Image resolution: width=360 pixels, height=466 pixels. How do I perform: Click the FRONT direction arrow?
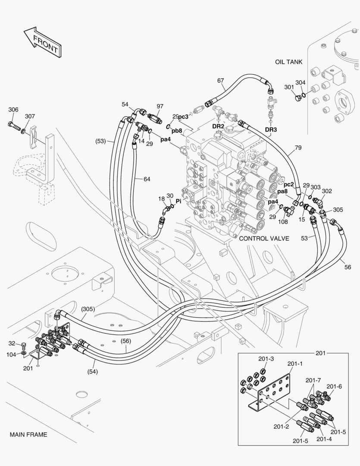43,42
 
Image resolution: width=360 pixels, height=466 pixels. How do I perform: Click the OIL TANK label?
288,62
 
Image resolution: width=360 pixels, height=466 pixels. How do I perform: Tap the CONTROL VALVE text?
264,238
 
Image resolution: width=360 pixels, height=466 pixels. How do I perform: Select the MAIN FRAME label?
28,435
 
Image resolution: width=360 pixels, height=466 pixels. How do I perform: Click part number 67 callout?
220,81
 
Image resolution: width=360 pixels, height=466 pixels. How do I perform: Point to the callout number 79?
298,148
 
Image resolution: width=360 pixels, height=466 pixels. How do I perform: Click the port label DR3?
271,129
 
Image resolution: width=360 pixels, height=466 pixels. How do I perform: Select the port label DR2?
218,126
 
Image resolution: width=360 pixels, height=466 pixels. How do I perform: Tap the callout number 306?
13,110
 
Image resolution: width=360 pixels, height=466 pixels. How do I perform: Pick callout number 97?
160,106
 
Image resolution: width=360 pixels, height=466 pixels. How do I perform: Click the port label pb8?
177,130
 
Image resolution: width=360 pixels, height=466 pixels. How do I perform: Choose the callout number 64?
147,179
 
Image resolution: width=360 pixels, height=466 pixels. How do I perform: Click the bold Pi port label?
178,201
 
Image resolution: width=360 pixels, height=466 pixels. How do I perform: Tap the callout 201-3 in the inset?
266,359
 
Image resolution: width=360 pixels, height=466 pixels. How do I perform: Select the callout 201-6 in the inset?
334,386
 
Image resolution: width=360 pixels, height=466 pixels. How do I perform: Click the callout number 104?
11,355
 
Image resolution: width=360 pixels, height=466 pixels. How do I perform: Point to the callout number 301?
289,87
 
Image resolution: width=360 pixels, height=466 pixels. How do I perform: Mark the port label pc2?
288,184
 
